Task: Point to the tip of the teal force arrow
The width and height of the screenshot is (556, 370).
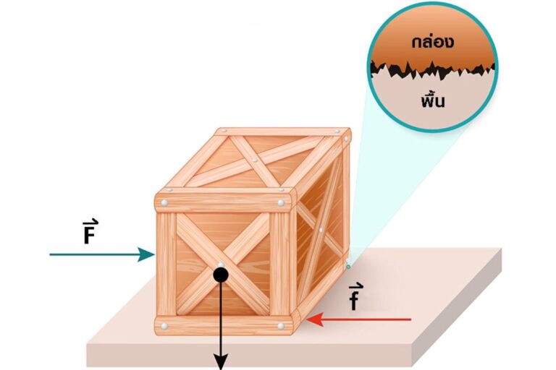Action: (154, 254)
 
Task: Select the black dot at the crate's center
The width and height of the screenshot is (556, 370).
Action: (221, 275)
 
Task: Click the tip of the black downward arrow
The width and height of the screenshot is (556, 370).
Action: (221, 365)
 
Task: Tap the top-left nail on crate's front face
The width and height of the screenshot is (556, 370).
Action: (166, 202)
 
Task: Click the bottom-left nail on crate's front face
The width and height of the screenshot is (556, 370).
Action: (165, 326)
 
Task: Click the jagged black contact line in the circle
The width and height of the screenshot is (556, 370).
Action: (432, 70)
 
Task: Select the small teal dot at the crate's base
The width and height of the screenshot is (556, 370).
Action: (348, 265)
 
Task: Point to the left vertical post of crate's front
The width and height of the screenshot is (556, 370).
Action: (167, 264)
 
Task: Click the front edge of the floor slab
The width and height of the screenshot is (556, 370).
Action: (290, 354)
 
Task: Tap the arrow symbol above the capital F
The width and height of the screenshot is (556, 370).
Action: (88, 220)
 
